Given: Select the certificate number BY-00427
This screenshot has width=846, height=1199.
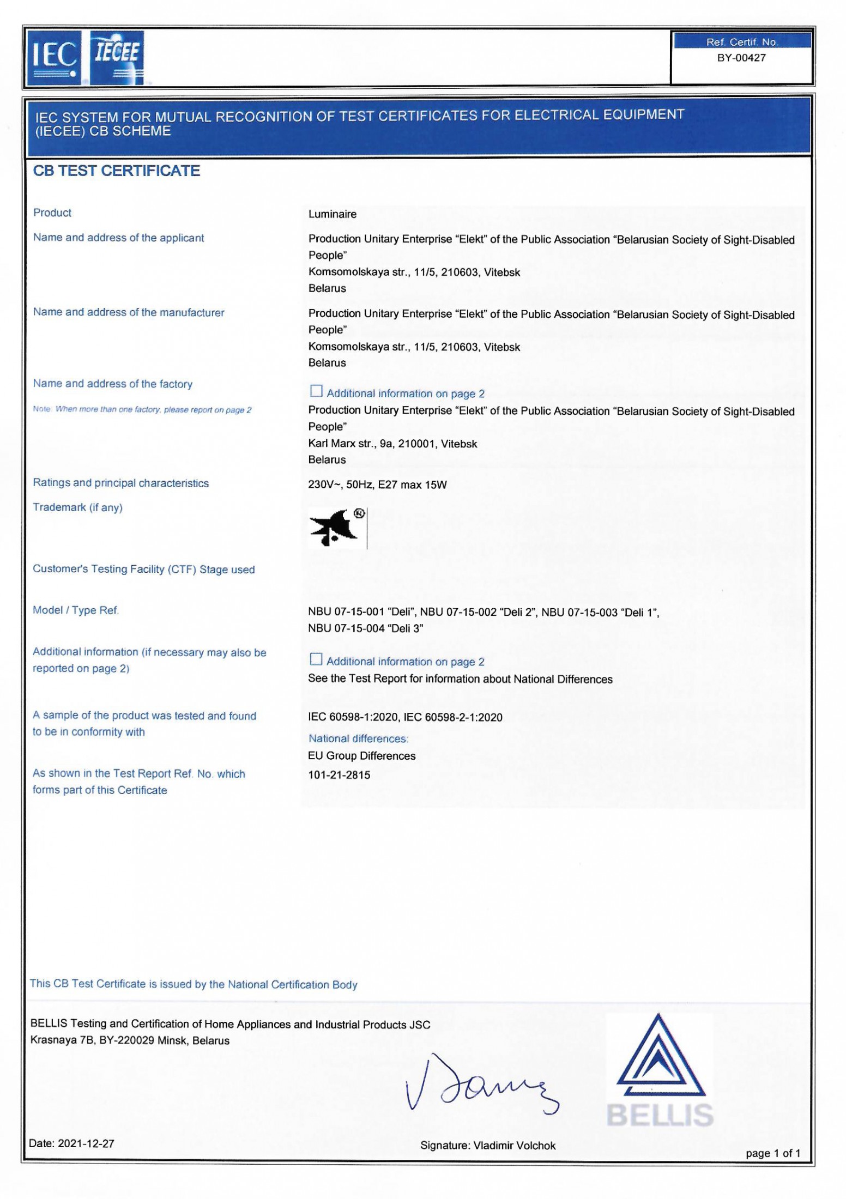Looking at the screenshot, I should pyautogui.click(x=741, y=58).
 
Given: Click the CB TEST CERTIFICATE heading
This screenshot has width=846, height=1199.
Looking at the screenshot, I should pyautogui.click(x=117, y=171).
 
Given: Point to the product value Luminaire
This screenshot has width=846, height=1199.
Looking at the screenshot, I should pyautogui.click(x=332, y=214).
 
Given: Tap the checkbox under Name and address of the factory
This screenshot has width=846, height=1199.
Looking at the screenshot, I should pyautogui.click(x=316, y=391).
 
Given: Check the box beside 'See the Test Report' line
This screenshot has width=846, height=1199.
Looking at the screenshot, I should pyautogui.click(x=316, y=659).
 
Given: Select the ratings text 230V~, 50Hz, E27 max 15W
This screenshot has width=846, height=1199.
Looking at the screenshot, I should pyautogui.click(x=377, y=485).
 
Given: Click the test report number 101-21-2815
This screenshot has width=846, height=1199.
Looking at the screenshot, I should pyautogui.click(x=339, y=774).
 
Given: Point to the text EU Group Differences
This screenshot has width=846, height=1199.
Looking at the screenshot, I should pyautogui.click(x=361, y=756).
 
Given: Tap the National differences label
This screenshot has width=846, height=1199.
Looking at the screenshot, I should pyautogui.click(x=358, y=738).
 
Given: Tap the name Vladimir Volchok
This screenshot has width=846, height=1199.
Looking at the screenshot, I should pyautogui.click(x=514, y=1146).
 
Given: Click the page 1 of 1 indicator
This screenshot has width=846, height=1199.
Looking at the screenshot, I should pyautogui.click(x=772, y=1153).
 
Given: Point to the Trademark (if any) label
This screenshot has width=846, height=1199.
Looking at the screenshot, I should pyautogui.click(x=77, y=507).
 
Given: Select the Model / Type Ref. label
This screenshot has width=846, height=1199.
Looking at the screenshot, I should pyautogui.click(x=76, y=610).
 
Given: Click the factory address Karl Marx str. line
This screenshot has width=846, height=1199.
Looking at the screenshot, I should pyautogui.click(x=392, y=444).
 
